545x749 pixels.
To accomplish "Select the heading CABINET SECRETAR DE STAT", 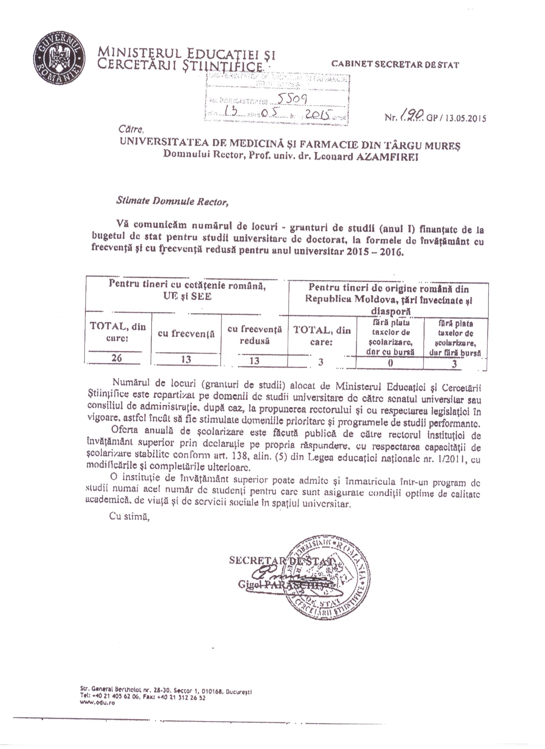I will coord(395,64).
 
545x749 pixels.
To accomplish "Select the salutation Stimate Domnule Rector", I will coord(172,202).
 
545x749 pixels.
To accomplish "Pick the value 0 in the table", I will coord(390,363).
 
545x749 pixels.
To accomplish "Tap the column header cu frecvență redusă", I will coord(255,335).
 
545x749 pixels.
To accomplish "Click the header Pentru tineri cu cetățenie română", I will coord(188,285).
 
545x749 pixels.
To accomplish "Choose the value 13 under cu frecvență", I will coord(186,359).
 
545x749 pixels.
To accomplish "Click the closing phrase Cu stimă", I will coord(130,517).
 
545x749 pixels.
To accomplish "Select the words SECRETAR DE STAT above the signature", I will coord(281,560).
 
